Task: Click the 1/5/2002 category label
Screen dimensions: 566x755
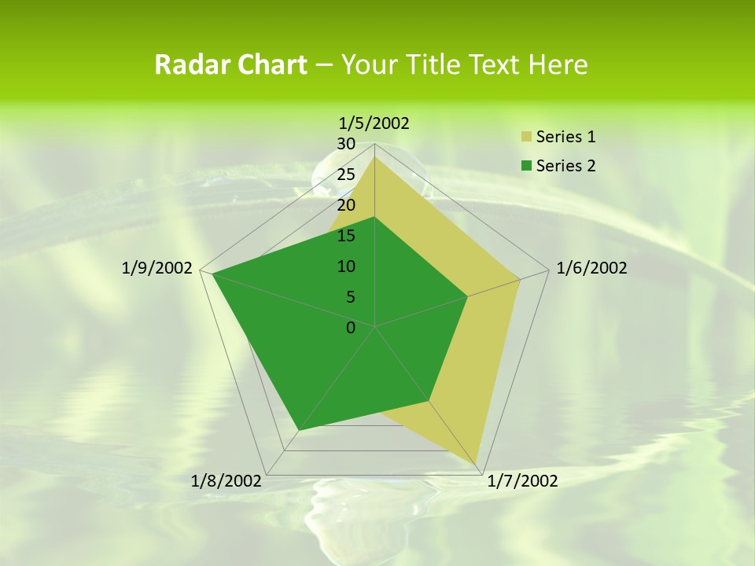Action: tap(374, 123)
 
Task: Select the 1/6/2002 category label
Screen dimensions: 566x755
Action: tap(591, 268)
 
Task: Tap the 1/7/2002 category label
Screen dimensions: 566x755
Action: tap(522, 481)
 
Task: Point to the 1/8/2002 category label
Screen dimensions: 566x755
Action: tap(226, 481)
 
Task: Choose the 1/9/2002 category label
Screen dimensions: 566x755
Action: tap(157, 268)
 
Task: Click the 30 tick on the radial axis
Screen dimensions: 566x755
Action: tap(346, 144)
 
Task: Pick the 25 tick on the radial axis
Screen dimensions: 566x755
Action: tap(346, 175)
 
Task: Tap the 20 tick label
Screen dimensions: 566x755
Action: tap(346, 205)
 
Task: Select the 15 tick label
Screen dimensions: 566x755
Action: tap(346, 236)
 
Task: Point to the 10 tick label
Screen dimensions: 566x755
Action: tap(346, 266)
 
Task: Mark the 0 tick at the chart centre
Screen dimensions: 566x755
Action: tap(351, 328)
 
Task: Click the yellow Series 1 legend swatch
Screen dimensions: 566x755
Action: tap(526, 137)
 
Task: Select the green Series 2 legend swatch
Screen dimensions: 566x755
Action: tap(526, 165)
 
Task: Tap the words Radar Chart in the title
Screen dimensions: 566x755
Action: tap(230, 64)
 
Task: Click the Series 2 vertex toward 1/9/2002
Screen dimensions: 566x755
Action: tap(212, 274)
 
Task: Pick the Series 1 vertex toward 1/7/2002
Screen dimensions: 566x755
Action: tap(477, 464)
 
